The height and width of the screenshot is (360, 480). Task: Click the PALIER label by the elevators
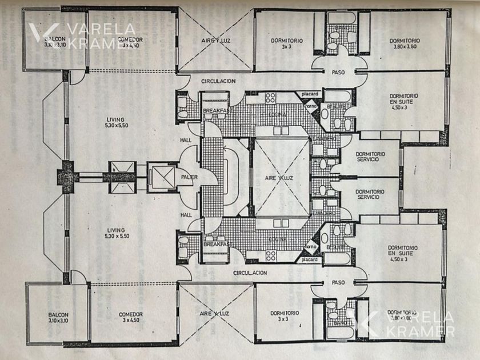pyautogui.click(x=189, y=177)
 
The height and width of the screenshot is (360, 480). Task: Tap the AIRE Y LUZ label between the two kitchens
pyautogui.click(x=279, y=178)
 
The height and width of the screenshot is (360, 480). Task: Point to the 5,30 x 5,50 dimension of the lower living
pyautogui.click(x=115, y=236)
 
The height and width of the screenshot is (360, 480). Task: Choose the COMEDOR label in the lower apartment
pyautogui.click(x=130, y=314)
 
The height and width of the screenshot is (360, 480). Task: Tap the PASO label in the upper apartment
pyautogui.click(x=339, y=72)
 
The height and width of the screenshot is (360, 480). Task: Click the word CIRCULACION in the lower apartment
pyautogui.click(x=250, y=273)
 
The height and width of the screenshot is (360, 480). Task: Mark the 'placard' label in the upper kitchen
pyautogui.click(x=310, y=94)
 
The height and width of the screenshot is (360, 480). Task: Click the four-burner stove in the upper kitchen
pyautogui.click(x=270, y=98)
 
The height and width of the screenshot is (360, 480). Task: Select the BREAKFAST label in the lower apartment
pyautogui.click(x=216, y=244)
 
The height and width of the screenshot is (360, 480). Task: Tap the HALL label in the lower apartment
pyautogui.click(x=186, y=215)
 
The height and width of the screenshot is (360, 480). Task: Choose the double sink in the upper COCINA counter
pyautogui.click(x=281, y=130)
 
